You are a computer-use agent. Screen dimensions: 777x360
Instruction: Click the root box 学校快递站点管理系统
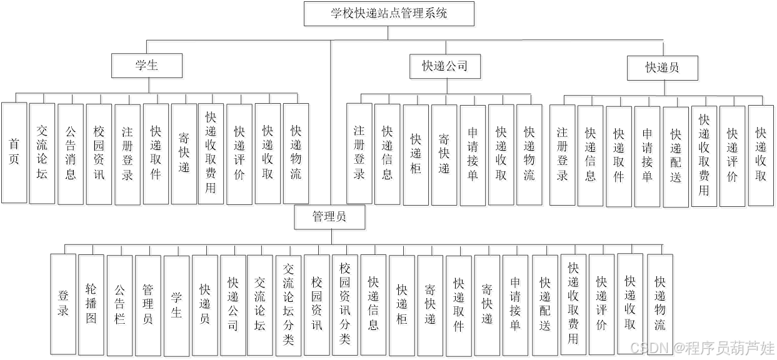point(390,15)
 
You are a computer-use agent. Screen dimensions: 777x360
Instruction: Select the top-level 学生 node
point(148,67)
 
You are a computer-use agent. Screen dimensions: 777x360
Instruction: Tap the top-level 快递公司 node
point(446,67)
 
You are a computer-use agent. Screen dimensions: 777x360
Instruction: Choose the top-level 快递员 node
point(664,69)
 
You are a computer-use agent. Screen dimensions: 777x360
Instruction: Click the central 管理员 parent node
point(331,218)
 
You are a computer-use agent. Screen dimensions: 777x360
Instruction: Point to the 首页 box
point(16,154)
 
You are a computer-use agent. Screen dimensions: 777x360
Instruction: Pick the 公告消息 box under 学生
point(72,155)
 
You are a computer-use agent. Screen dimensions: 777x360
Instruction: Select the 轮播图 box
point(93,304)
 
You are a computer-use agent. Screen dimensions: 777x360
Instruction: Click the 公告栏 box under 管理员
point(121,305)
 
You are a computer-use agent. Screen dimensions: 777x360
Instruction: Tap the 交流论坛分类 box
point(290,305)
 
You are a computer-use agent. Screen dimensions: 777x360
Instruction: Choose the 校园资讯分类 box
point(346,305)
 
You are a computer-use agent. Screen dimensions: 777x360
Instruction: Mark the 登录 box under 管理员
point(64,304)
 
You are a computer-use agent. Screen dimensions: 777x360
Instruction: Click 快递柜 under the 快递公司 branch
point(417,156)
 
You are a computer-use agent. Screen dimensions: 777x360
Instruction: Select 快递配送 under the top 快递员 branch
point(677,157)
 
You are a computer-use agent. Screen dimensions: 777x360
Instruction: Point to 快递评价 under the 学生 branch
point(241,155)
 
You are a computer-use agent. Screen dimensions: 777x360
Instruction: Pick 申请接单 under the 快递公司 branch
point(474,156)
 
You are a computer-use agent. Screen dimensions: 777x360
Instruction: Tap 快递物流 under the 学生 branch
point(297,154)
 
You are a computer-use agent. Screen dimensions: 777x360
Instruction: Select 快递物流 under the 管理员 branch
point(661,304)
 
